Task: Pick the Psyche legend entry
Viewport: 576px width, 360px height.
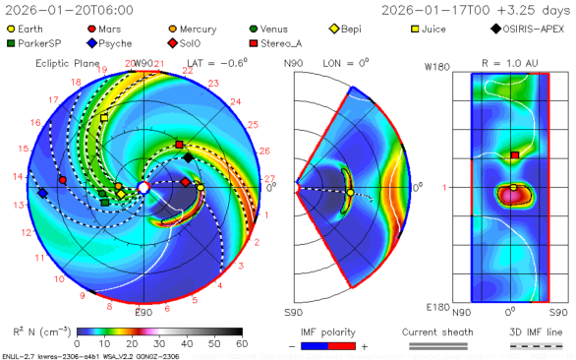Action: tap(115, 43)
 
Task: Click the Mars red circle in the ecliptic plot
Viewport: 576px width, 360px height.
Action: tap(63, 181)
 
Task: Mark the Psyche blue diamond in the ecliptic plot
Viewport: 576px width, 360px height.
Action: tap(42, 193)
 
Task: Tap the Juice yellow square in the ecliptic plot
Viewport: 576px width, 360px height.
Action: tap(104, 118)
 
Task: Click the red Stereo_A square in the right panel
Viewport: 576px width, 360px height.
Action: tap(514, 155)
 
